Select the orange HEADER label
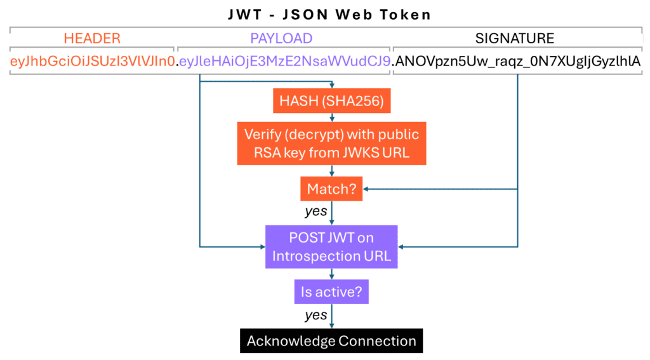pyautogui.click(x=92, y=39)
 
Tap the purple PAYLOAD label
pyautogui.click(x=281, y=39)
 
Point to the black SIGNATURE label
pyautogui.click(x=515, y=39)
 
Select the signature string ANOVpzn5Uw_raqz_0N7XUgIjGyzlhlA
pyautogui.click(x=517, y=62)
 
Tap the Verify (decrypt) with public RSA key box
pyautogui.click(x=331, y=143)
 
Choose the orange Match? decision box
pyautogui.click(x=331, y=189)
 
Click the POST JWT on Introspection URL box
pyautogui.click(x=331, y=246)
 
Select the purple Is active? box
pyautogui.click(x=331, y=292)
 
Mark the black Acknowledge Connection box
pyautogui.click(x=331, y=341)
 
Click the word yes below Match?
pyautogui.click(x=315, y=211)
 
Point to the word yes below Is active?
pyautogui.click(x=315, y=315)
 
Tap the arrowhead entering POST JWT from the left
pyautogui.click(x=262, y=246)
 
